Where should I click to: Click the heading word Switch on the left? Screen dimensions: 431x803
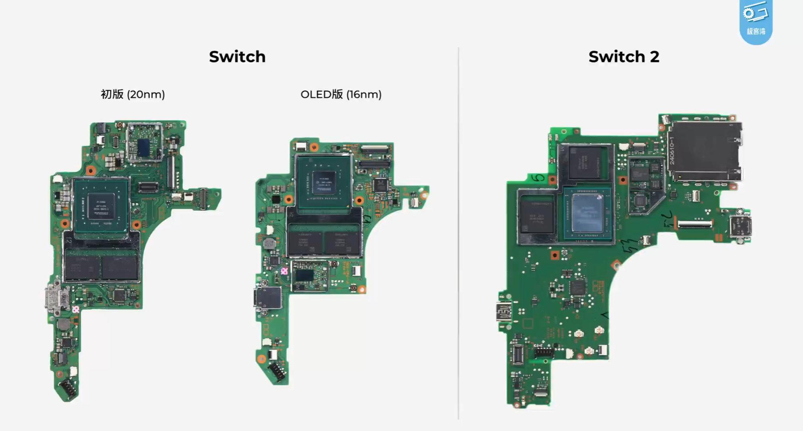coord(237,57)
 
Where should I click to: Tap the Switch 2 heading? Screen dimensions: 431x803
coord(623,57)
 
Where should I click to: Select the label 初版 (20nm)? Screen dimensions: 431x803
coord(132,94)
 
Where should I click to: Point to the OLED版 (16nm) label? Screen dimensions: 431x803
coord(341,94)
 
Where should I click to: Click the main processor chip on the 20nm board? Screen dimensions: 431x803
coord(101,206)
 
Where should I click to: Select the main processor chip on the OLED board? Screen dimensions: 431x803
coord(324,182)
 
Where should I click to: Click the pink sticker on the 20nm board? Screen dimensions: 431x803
coord(76,309)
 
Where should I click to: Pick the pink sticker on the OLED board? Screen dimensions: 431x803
coord(284,271)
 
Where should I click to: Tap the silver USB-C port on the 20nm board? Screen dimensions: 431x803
coord(55,298)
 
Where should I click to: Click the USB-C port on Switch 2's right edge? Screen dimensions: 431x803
coord(740,226)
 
